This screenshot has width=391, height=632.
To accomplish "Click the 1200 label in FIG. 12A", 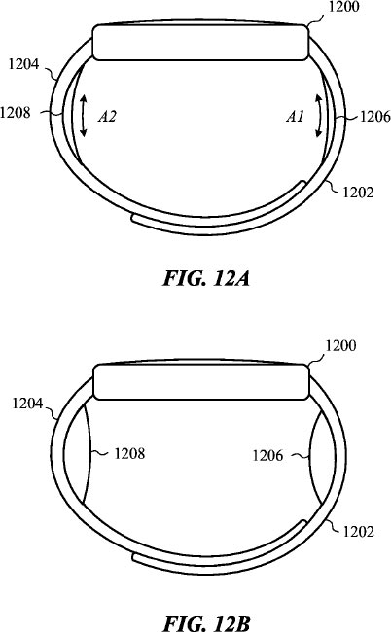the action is point(344,7).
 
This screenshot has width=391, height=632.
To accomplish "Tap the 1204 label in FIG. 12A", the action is point(23,63).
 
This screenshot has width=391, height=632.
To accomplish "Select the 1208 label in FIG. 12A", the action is point(16,112).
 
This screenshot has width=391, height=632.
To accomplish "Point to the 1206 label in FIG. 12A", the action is point(374,117).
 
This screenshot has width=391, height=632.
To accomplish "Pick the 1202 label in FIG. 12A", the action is point(358,192).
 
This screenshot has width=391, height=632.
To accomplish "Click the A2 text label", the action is point(107,117).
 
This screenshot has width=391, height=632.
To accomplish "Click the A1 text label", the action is point(295,117).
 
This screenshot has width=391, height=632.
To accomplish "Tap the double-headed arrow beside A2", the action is point(83,116).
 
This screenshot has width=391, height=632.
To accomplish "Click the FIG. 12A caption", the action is point(206,278).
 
